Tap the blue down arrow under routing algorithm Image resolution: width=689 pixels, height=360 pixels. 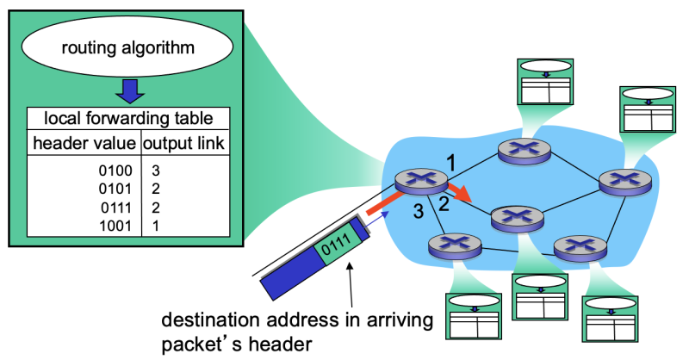[128, 90]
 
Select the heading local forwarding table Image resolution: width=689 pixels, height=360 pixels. [128, 118]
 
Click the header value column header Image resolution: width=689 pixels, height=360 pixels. [84, 142]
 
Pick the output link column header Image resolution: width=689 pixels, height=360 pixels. [185, 142]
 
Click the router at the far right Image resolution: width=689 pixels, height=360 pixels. [619, 181]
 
